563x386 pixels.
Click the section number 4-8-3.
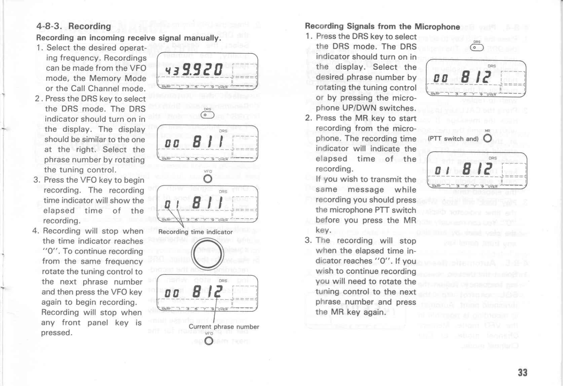click(x=49, y=26)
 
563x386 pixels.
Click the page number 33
click(x=523, y=372)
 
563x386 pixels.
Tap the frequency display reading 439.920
click(x=207, y=71)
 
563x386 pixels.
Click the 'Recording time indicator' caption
click(x=195, y=232)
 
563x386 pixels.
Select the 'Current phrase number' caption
click(x=224, y=327)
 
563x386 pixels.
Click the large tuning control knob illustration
click(x=208, y=253)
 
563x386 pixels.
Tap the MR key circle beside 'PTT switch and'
click(x=487, y=138)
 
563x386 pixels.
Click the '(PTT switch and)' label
click(x=453, y=139)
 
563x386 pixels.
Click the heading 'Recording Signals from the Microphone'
click(x=382, y=26)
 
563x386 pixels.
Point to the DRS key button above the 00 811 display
click(x=208, y=115)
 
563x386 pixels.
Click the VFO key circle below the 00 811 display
click(x=208, y=179)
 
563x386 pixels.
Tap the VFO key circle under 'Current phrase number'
click(x=209, y=341)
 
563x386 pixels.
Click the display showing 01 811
click(x=207, y=203)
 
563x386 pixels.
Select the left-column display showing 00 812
click(x=207, y=293)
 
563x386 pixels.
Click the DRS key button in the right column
click(x=477, y=48)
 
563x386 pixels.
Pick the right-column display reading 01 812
click(x=477, y=170)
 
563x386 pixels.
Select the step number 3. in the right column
click(x=308, y=240)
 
